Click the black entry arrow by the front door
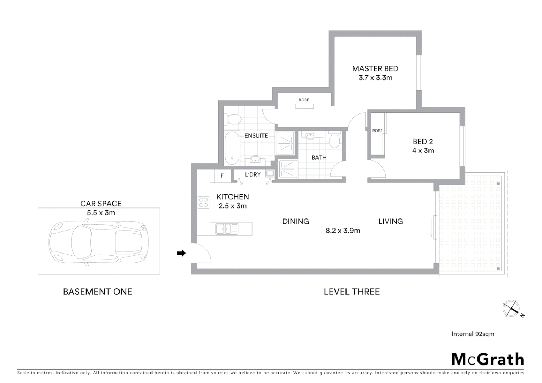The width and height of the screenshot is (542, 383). (x=181, y=253)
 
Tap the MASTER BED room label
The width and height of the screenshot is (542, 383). (x=375, y=68)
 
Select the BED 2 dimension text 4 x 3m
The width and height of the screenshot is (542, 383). (x=423, y=151)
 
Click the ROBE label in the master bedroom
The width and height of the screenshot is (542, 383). (x=304, y=100)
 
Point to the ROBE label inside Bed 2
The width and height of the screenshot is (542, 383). (x=377, y=131)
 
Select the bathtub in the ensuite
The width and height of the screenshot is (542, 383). (x=232, y=148)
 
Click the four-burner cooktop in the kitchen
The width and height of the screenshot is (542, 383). (x=204, y=202)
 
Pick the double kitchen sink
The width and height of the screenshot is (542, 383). (x=227, y=229)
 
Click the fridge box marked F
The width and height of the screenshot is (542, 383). (x=222, y=176)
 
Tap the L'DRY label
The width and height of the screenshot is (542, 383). (x=253, y=174)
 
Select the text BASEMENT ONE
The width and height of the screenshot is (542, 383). (x=98, y=292)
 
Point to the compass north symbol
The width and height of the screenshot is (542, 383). (x=512, y=308)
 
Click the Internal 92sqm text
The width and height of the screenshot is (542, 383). (x=472, y=334)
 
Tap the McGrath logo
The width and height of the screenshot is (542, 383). (x=487, y=359)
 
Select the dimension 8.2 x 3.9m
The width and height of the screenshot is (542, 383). (x=343, y=231)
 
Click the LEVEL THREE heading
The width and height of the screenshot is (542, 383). (x=352, y=292)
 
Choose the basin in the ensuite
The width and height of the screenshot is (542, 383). (x=255, y=160)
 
